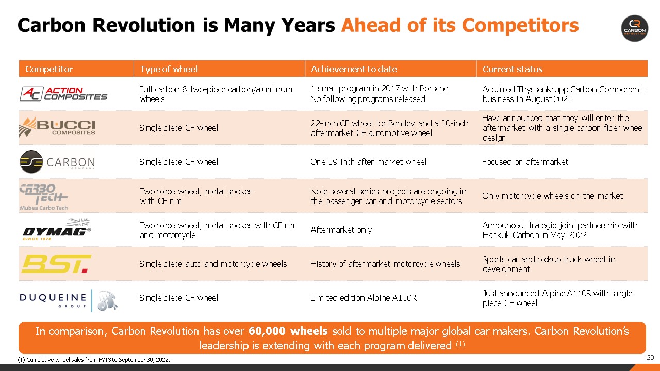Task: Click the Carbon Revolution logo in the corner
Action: tap(634, 28)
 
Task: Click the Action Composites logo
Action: tap(63, 94)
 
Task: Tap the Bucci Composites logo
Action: tap(57, 127)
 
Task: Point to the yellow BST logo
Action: tap(56, 263)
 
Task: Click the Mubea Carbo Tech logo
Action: tap(44, 196)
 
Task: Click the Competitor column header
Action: tap(49, 69)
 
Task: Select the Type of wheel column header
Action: tap(169, 69)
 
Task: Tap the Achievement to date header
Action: tap(354, 69)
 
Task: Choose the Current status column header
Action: tap(512, 69)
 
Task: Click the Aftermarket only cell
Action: tap(341, 230)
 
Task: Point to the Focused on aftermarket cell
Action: tap(524, 162)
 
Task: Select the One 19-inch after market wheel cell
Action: tap(368, 162)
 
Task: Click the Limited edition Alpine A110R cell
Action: tap(363, 298)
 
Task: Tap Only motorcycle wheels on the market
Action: tap(552, 196)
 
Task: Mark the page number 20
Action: tap(650, 358)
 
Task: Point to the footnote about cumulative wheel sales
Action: tap(94, 360)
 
